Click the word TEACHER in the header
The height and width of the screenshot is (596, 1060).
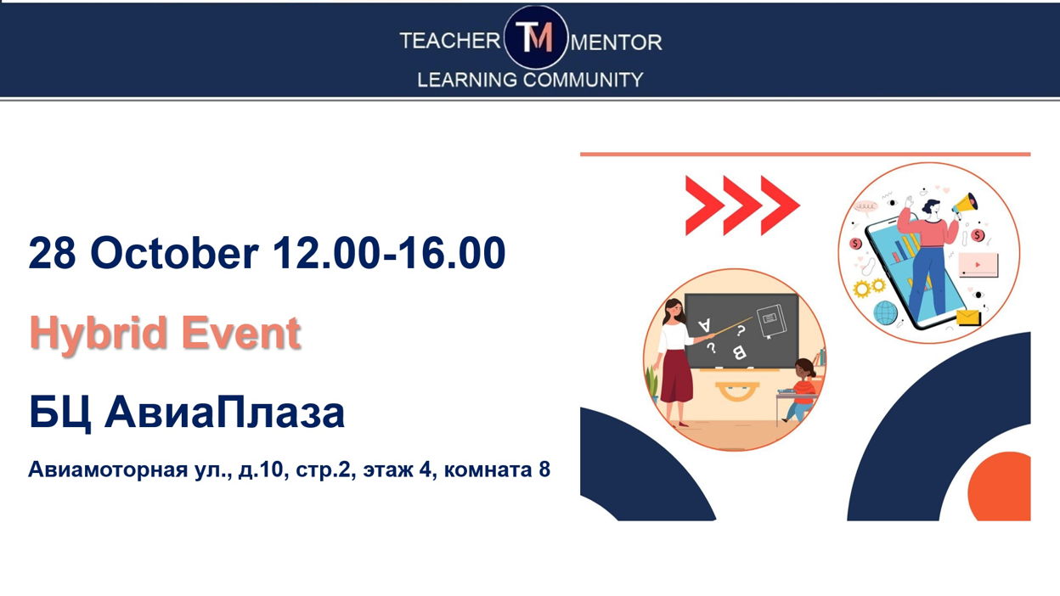(x=450, y=41)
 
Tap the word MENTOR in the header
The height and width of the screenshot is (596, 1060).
(x=617, y=42)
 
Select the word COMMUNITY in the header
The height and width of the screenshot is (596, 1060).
(x=583, y=80)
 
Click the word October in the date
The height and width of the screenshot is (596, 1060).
(x=174, y=253)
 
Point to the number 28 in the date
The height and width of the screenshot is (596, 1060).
(x=52, y=253)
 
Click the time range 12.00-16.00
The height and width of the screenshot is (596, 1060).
(x=389, y=253)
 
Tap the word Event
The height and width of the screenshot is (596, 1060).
(x=241, y=333)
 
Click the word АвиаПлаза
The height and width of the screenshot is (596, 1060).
(x=225, y=412)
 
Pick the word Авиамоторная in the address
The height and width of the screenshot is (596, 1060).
(x=108, y=469)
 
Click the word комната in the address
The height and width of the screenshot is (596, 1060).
(x=488, y=470)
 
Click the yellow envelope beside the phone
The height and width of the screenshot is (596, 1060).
(x=967, y=317)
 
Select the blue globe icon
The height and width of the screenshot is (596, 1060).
(x=885, y=312)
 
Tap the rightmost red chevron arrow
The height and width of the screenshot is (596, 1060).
(x=780, y=205)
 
